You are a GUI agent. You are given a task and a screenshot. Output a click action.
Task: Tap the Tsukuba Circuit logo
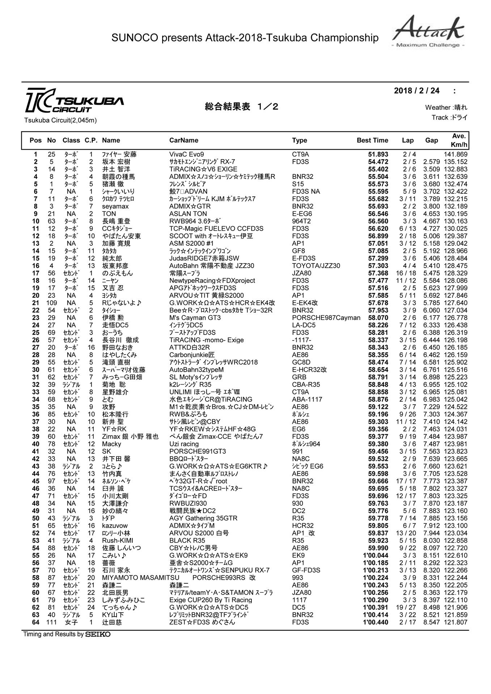[x=74, y=100]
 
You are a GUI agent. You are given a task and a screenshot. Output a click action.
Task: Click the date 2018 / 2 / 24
[x=416, y=91]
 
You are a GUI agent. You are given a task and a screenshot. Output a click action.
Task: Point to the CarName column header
[x=184, y=140]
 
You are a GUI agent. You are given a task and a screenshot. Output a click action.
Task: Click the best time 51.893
[x=378, y=154]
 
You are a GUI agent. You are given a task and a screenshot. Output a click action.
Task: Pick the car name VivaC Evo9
[x=186, y=154]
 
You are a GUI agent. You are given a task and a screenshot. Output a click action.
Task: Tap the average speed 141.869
[x=456, y=154]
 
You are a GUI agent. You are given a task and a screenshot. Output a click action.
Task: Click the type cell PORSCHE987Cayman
[x=326, y=318]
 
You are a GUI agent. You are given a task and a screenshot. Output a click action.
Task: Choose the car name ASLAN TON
[x=188, y=214]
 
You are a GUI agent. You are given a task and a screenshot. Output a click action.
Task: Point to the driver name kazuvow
[x=115, y=526]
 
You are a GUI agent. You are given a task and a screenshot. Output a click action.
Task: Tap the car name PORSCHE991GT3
[x=198, y=451]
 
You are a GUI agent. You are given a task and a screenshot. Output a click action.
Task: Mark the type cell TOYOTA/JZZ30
[x=316, y=266]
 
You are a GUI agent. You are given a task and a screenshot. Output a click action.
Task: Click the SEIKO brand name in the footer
[x=98, y=634]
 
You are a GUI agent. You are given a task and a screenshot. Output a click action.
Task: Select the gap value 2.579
[x=431, y=162]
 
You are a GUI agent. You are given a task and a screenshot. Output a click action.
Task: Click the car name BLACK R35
[x=185, y=541]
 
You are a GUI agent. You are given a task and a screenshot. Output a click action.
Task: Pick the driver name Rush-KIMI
[x=117, y=541]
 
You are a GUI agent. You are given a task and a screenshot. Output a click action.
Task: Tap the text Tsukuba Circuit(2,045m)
[x=60, y=120]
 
